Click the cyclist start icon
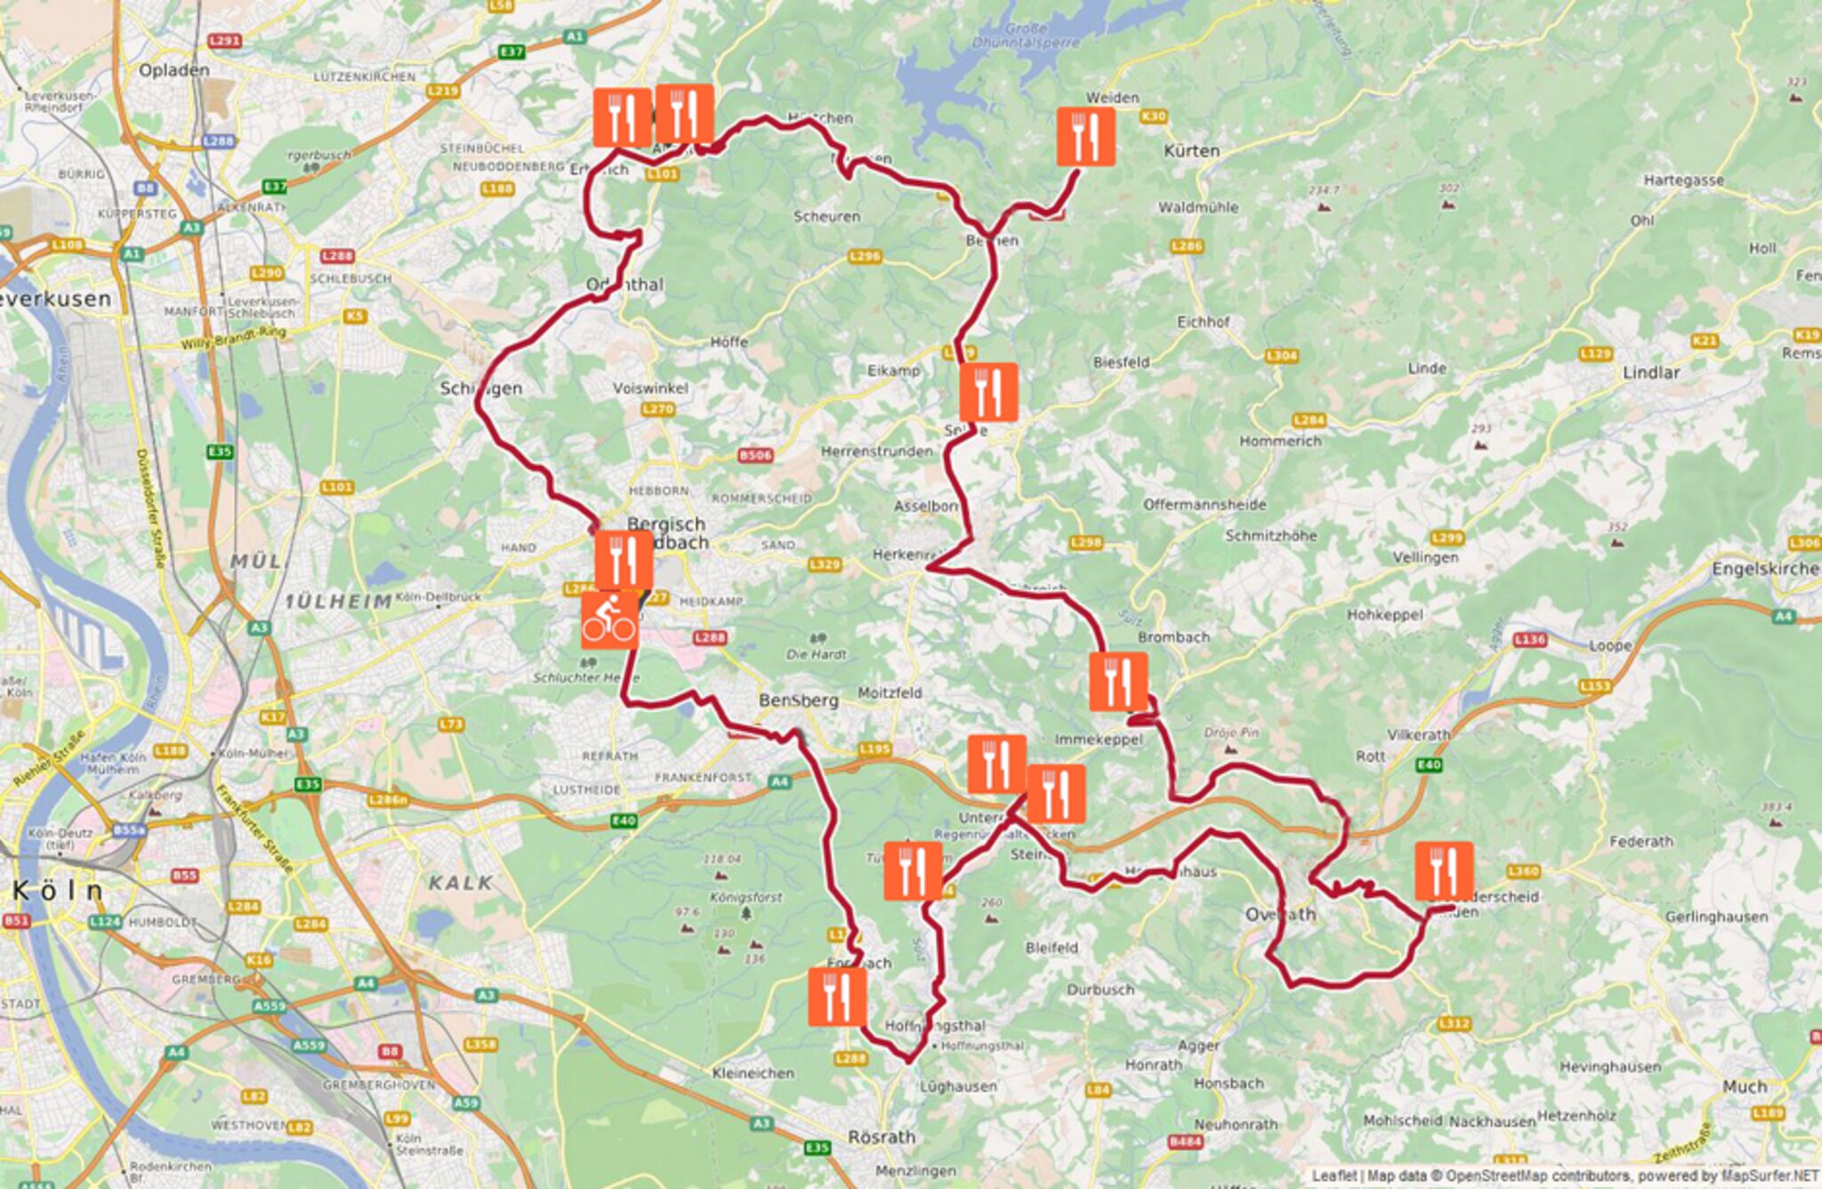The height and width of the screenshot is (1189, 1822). pyautogui.click(x=609, y=620)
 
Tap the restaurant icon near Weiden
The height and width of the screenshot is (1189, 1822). pyautogui.click(x=1085, y=136)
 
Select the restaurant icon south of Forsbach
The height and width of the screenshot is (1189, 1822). pyautogui.click(x=836, y=997)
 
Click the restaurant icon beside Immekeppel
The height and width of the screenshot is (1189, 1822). pyautogui.click(x=1118, y=682)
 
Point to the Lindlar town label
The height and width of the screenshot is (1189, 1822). pyautogui.click(x=1651, y=373)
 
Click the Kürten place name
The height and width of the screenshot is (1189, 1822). pyautogui.click(x=1191, y=151)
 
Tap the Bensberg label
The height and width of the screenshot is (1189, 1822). pyautogui.click(x=798, y=700)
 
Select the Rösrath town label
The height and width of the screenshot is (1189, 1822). pyautogui.click(x=881, y=1137)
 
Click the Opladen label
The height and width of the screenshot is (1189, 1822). pyautogui.click(x=174, y=70)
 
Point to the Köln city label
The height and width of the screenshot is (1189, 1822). pyautogui.click(x=58, y=890)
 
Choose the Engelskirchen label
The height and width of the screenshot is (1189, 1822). pyautogui.click(x=1767, y=569)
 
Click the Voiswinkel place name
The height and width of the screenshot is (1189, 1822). pyautogui.click(x=650, y=388)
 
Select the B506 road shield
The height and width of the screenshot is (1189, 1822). pyautogui.click(x=755, y=456)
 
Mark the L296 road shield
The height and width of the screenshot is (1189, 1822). pyautogui.click(x=865, y=256)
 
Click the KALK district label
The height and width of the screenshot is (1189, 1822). pyautogui.click(x=460, y=883)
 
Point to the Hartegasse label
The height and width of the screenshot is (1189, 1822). pyautogui.click(x=1683, y=181)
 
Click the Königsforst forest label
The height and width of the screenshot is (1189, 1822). pyautogui.click(x=746, y=897)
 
